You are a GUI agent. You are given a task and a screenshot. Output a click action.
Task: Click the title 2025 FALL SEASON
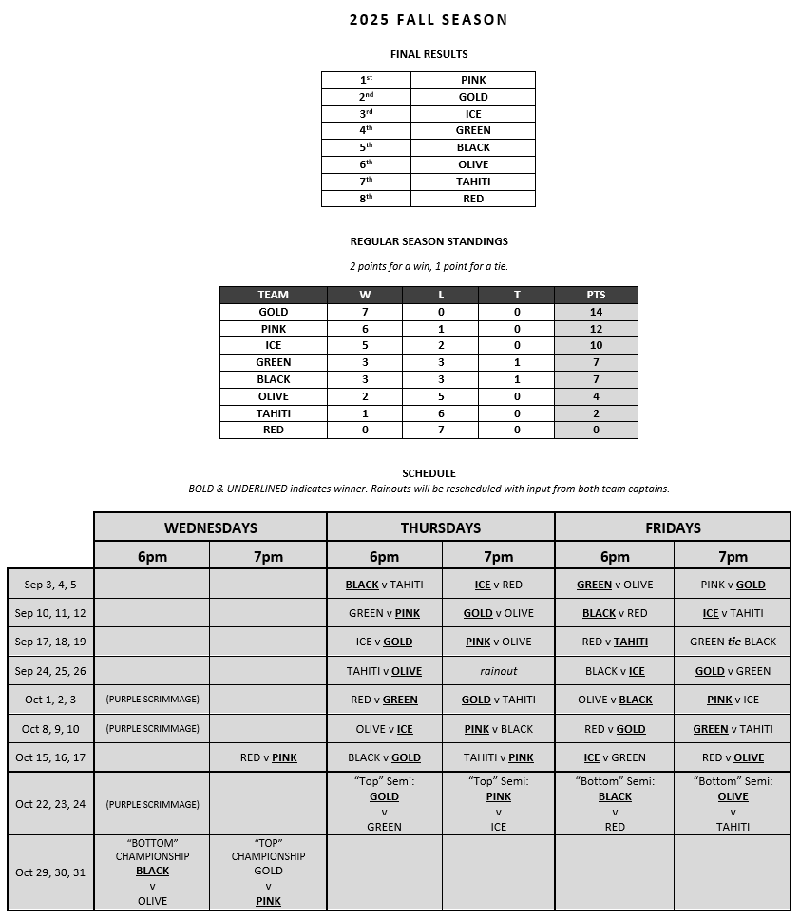tap(429, 19)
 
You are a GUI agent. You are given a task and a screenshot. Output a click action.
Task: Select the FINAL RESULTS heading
tap(429, 54)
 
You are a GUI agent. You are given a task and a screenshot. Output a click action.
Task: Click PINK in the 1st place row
tap(473, 81)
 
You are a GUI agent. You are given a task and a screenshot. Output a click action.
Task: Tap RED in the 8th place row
tap(473, 199)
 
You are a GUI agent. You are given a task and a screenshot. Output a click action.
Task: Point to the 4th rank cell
tap(366, 131)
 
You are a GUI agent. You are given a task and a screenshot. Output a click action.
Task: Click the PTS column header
tap(596, 295)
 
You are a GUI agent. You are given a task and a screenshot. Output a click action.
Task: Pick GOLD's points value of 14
tap(596, 312)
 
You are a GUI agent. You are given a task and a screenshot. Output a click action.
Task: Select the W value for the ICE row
tap(365, 345)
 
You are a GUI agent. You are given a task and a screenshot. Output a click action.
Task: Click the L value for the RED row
tap(441, 430)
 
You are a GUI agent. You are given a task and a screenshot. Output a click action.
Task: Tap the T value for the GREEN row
tap(517, 362)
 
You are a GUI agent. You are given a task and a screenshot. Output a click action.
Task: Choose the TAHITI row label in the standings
tap(274, 413)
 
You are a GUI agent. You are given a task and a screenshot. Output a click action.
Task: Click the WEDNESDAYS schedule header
tap(210, 527)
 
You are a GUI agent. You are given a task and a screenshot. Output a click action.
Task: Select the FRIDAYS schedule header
tap(673, 527)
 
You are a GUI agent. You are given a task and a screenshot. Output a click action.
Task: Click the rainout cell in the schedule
tap(499, 671)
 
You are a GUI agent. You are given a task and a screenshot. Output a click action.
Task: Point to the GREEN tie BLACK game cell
tap(733, 642)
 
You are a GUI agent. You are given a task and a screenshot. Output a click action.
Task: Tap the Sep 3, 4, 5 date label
tap(50, 585)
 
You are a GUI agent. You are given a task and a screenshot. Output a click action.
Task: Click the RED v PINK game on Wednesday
tap(268, 757)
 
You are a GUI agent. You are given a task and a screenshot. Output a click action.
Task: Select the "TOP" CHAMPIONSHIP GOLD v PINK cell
tap(268, 872)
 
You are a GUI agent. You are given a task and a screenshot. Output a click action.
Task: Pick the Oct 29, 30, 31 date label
tap(50, 872)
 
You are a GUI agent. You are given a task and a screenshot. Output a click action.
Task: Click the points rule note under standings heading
tap(429, 266)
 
